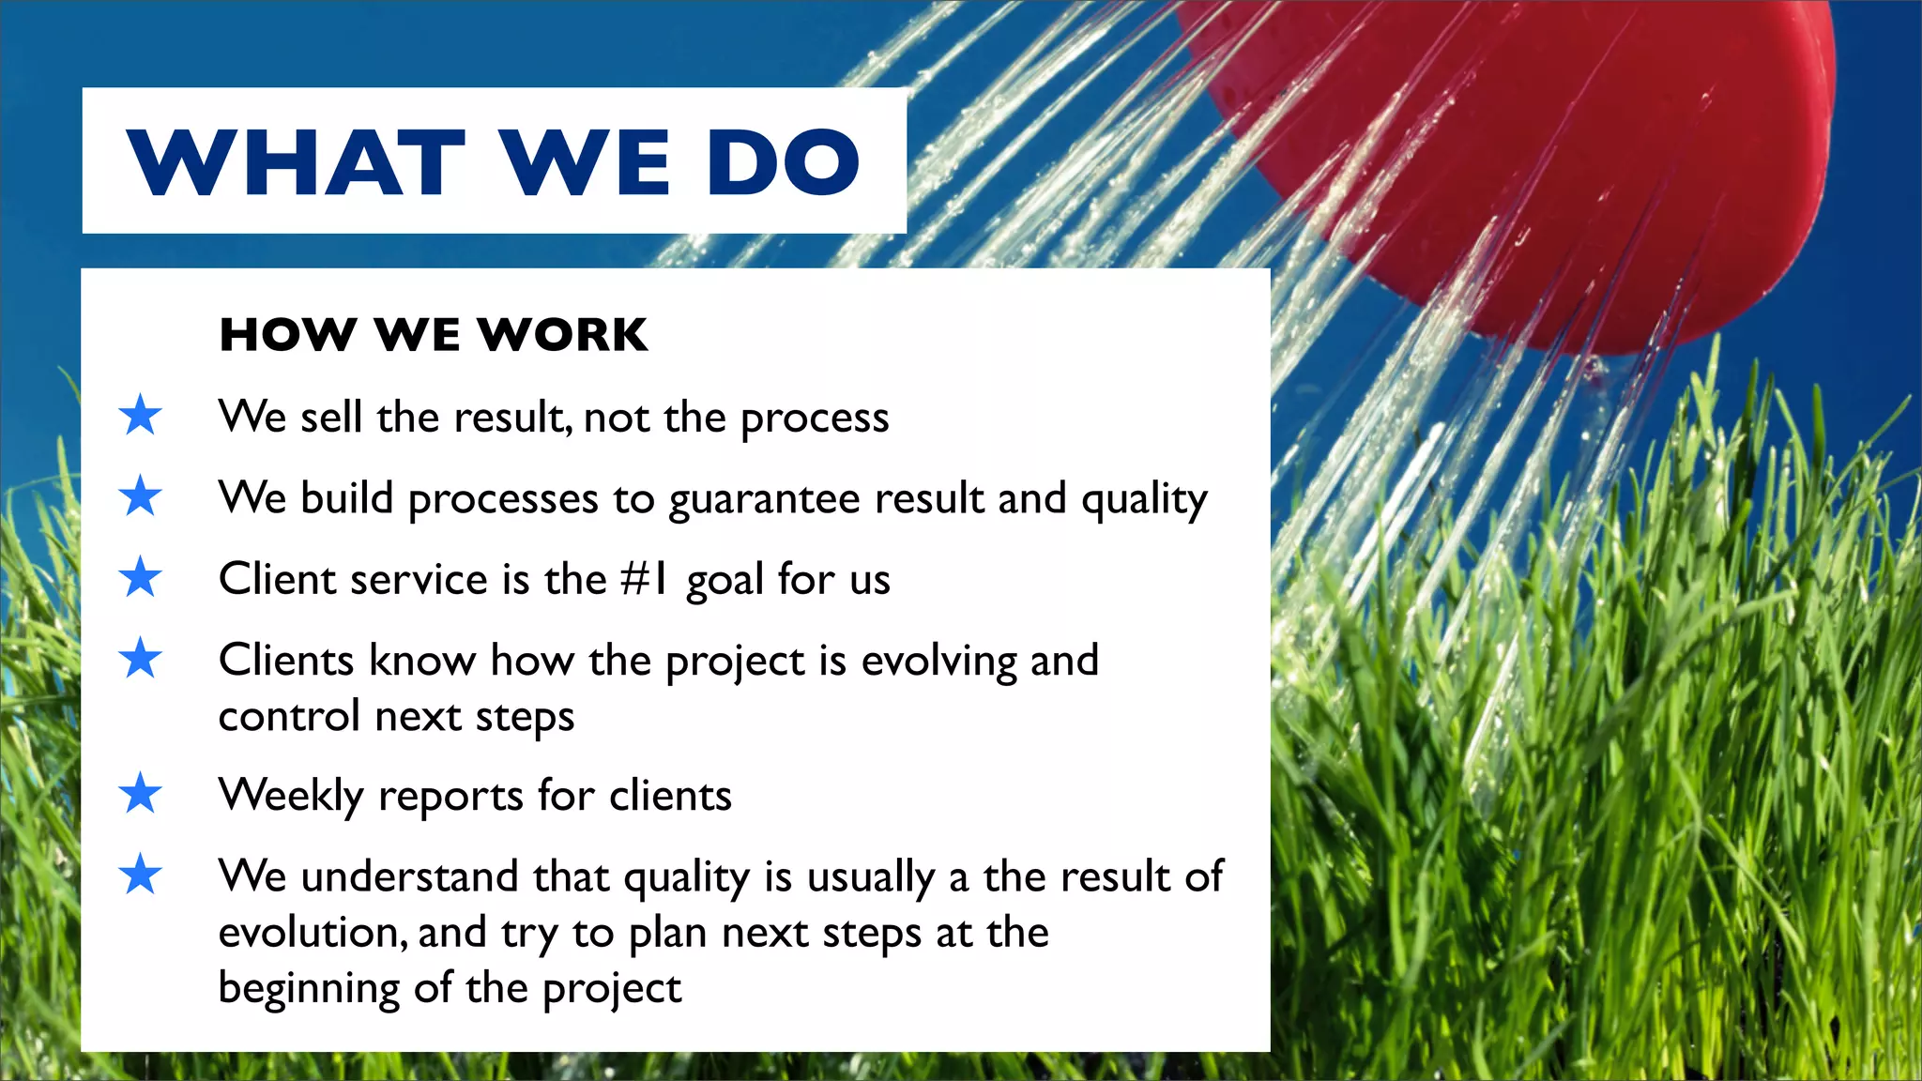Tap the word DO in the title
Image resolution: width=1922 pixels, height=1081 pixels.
pos(783,162)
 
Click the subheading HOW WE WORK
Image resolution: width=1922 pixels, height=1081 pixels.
pos(434,335)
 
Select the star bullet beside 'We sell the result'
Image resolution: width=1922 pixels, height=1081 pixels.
pos(141,415)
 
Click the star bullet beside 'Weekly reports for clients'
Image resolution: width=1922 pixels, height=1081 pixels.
pos(141,794)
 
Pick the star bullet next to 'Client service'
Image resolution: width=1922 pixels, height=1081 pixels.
pos(141,577)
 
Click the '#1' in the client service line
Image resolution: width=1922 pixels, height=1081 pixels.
pos(644,579)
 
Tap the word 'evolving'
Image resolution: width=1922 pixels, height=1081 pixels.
pos(939,662)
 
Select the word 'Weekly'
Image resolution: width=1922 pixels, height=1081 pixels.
pos(291,796)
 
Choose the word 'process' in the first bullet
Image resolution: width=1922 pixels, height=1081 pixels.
pos(815,419)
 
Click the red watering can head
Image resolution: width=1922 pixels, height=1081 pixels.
pos(1548,160)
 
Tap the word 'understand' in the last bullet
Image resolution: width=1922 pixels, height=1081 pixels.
pos(409,876)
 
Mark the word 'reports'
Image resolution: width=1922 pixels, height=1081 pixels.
pos(450,798)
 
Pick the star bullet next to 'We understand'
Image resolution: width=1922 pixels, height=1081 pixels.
pos(141,875)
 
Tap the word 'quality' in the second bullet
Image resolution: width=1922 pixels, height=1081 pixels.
pos(1144,499)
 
